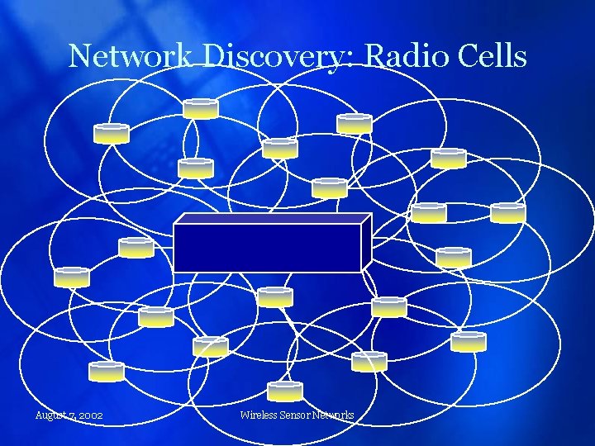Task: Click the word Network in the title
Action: pos(131,56)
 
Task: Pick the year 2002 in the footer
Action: pos(90,415)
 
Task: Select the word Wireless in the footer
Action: pos(259,415)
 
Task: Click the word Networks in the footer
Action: pos(334,415)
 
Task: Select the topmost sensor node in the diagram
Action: pos(201,108)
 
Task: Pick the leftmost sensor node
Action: pos(72,278)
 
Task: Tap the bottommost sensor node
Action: pos(285,391)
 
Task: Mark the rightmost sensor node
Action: pos(507,213)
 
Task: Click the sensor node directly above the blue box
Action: pos(330,188)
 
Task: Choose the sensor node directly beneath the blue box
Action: pos(275,297)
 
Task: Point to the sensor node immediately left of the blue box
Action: pos(136,247)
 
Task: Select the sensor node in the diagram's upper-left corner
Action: pos(112,134)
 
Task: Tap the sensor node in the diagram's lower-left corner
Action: pos(107,372)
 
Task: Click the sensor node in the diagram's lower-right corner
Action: pos(469,341)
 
